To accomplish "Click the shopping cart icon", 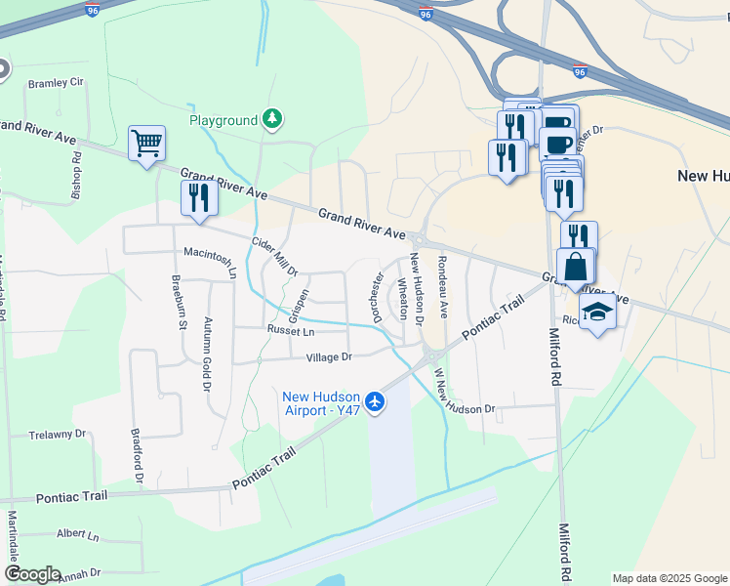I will coord(146,145).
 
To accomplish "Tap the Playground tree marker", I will coord(273,119).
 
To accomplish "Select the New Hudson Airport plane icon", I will coord(375,400).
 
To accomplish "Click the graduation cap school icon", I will coord(597,313).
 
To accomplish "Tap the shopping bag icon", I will coord(576,267).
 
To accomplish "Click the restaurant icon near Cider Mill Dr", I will coord(198,197).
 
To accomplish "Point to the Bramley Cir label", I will coord(56,83).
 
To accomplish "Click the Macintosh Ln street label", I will coord(211,259).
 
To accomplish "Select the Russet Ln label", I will coord(289,331).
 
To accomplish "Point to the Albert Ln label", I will coord(77,535).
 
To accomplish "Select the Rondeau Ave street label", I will coord(442,286).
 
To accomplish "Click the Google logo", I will coord(32,574).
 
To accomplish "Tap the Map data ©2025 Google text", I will coord(669,578).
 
